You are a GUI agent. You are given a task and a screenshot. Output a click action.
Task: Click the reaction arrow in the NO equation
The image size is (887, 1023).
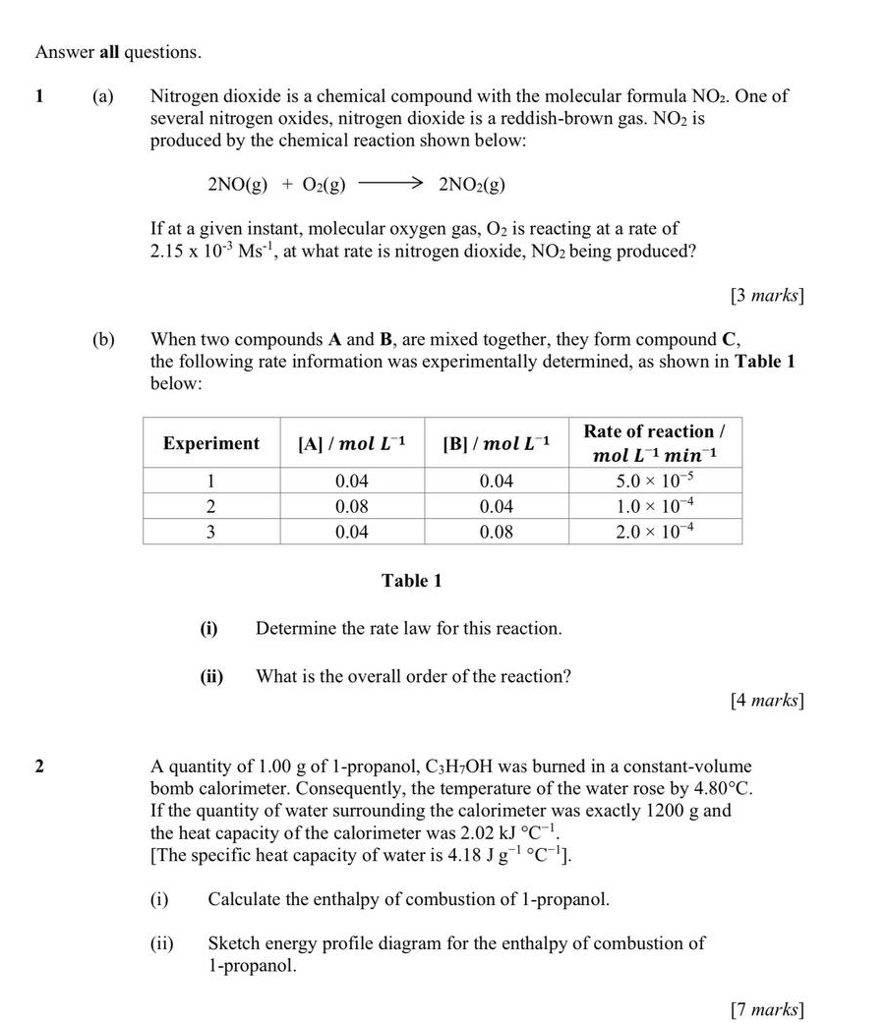point(390,184)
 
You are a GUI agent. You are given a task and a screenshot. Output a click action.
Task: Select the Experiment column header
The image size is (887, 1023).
point(211,443)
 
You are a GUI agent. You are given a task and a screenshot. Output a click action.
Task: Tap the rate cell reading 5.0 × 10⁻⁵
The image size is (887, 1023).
point(655,482)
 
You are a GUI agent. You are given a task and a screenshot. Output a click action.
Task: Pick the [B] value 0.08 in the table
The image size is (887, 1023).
point(497,532)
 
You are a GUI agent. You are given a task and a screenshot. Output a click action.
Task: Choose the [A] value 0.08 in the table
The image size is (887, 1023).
point(352,507)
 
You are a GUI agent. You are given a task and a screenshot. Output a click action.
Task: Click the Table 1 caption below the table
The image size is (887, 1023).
point(411,581)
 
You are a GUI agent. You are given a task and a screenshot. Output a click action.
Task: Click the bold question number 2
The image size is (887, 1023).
point(39,767)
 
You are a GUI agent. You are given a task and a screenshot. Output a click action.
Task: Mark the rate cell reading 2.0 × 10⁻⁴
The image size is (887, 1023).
point(655,532)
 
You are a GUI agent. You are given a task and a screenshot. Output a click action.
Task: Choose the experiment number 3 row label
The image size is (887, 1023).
point(210,532)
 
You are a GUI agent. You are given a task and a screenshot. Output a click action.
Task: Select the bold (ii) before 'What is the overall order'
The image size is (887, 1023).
point(212,677)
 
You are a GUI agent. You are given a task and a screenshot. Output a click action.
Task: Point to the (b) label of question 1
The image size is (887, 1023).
point(102,340)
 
